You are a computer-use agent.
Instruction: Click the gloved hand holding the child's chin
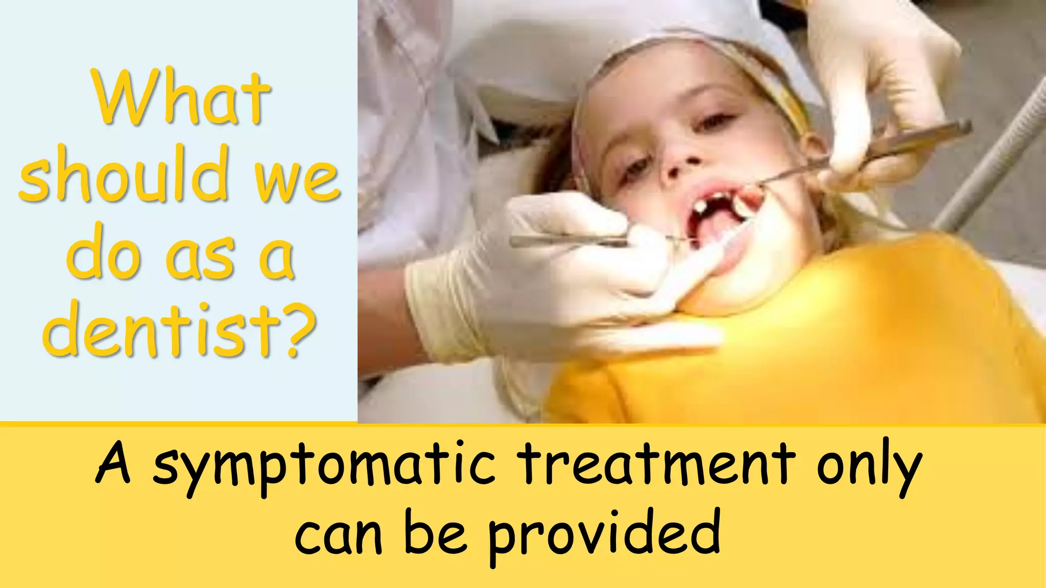[x=557, y=271]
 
